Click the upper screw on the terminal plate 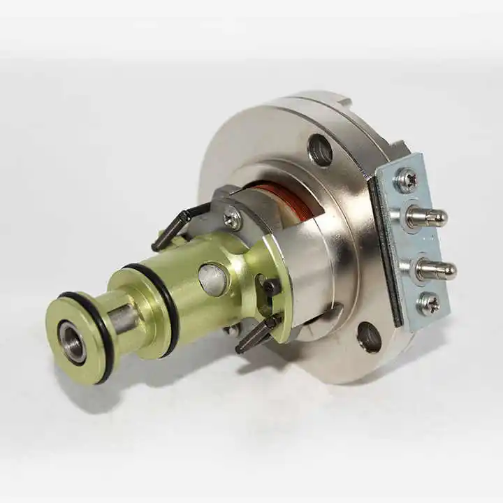pos(407,180)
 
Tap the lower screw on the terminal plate pos(428,303)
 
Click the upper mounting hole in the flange pos(320,150)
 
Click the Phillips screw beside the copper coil pos(232,219)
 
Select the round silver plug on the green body pos(212,278)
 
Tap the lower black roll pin pos(256,335)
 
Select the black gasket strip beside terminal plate pos(386,251)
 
